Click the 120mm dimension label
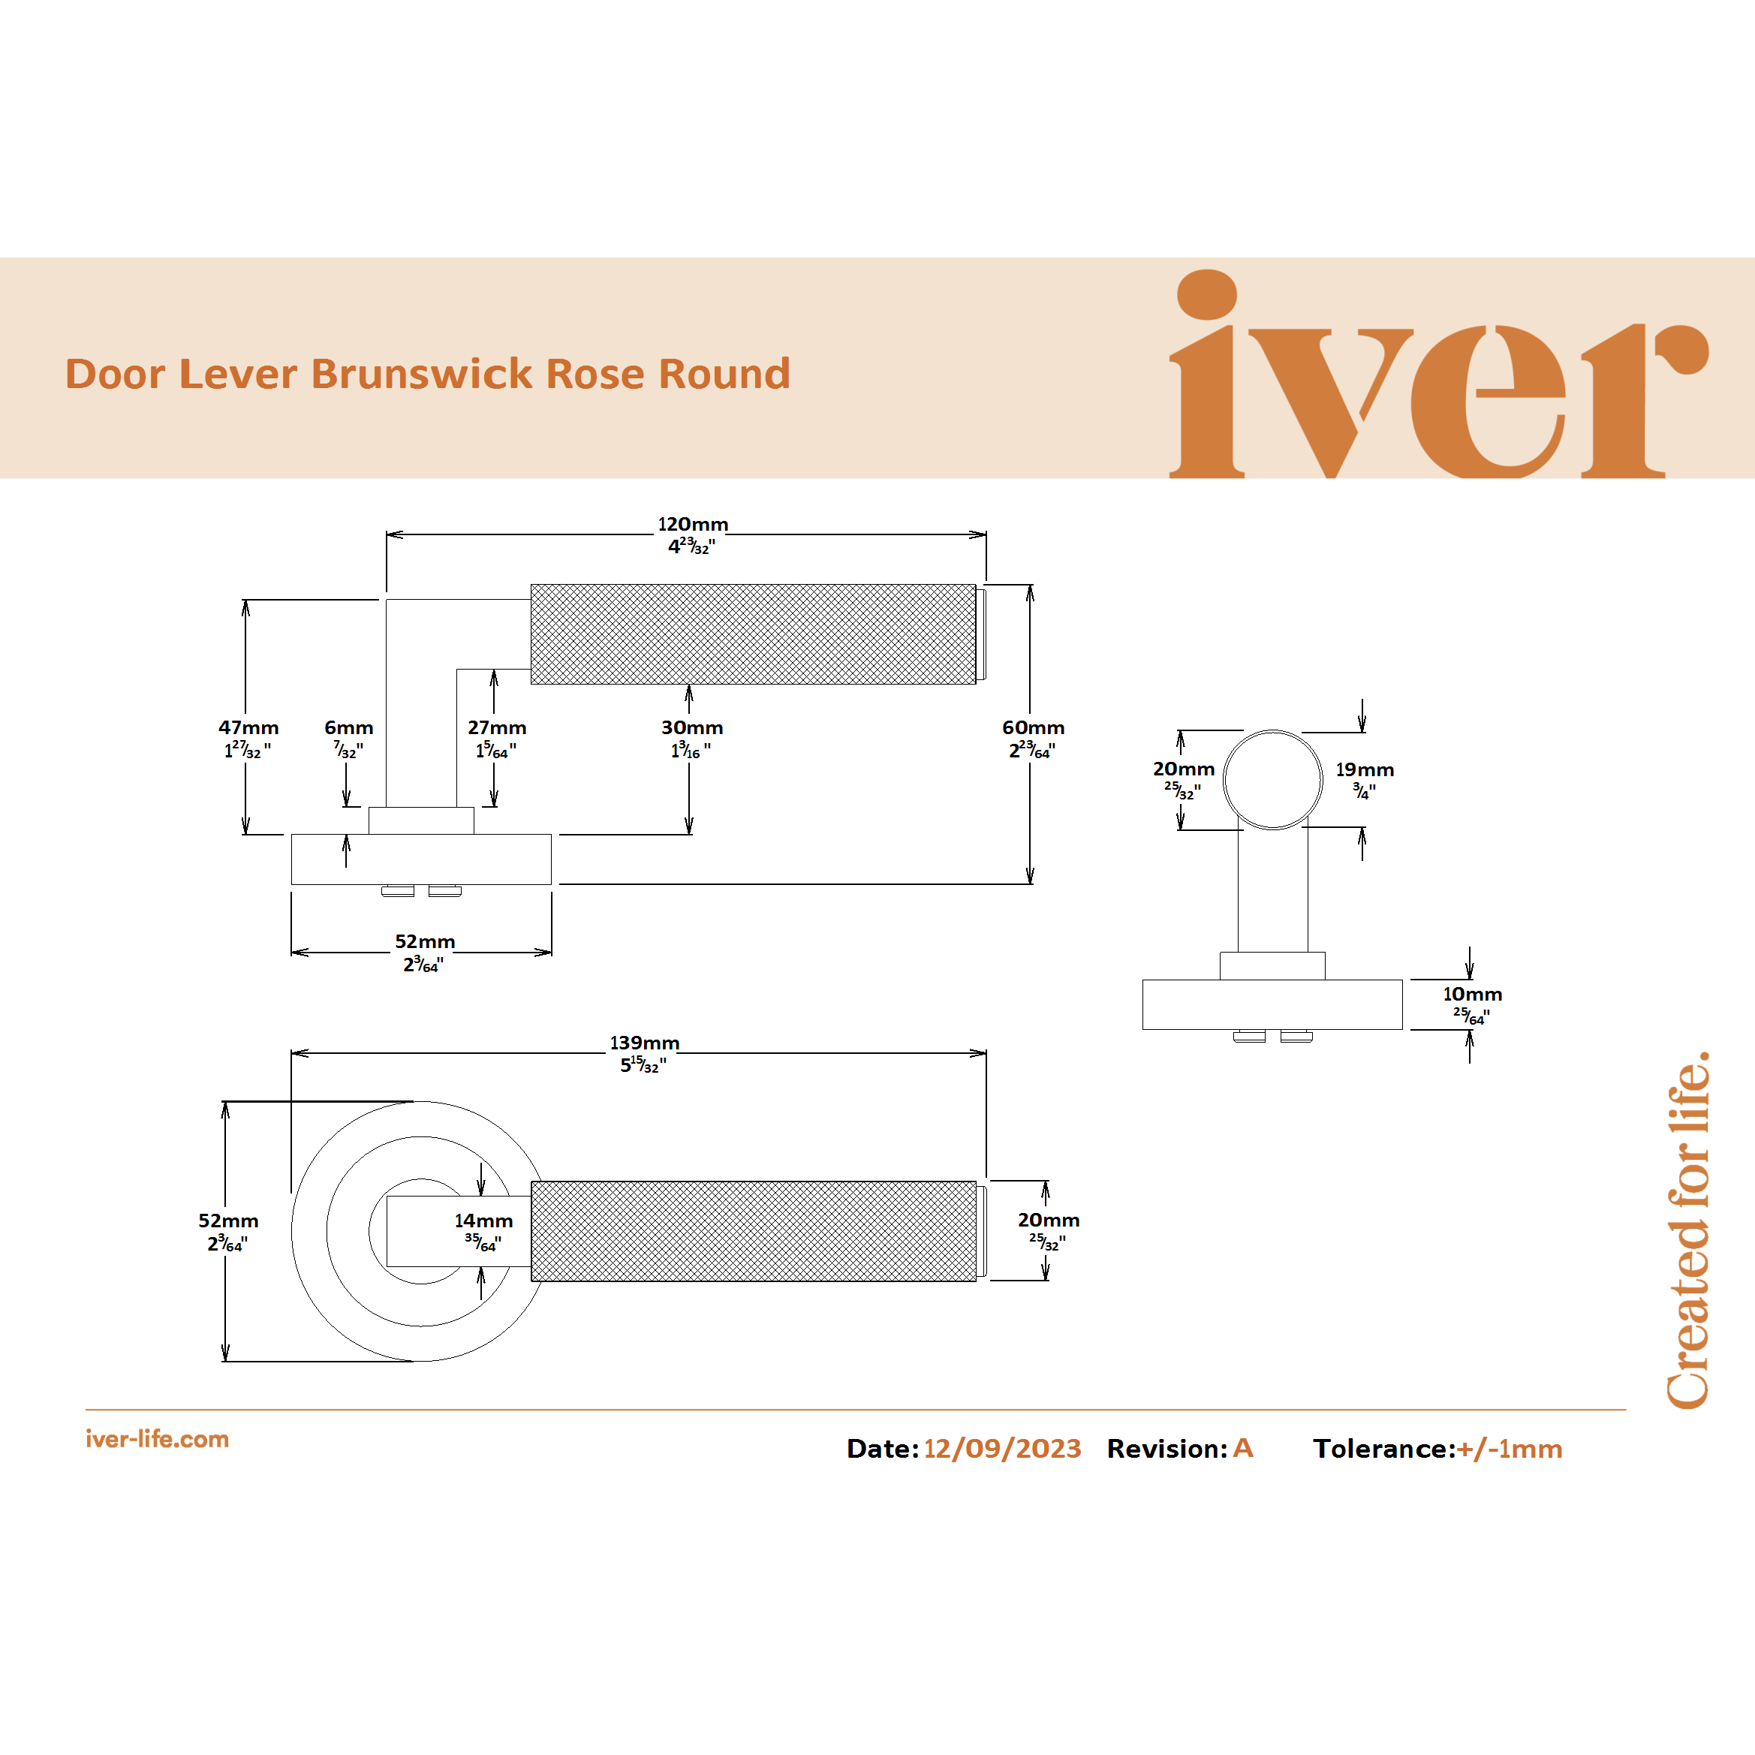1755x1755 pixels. click(692, 525)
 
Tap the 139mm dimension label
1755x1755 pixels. click(644, 1043)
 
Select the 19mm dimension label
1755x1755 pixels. click(1365, 770)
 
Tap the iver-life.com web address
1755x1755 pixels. click(157, 1440)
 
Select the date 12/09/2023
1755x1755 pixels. click(1002, 1449)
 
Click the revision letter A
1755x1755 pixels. click(1242, 1448)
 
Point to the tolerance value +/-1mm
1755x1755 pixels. click(1509, 1449)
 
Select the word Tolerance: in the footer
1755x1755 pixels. click(1383, 1449)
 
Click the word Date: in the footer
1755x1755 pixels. click(882, 1449)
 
